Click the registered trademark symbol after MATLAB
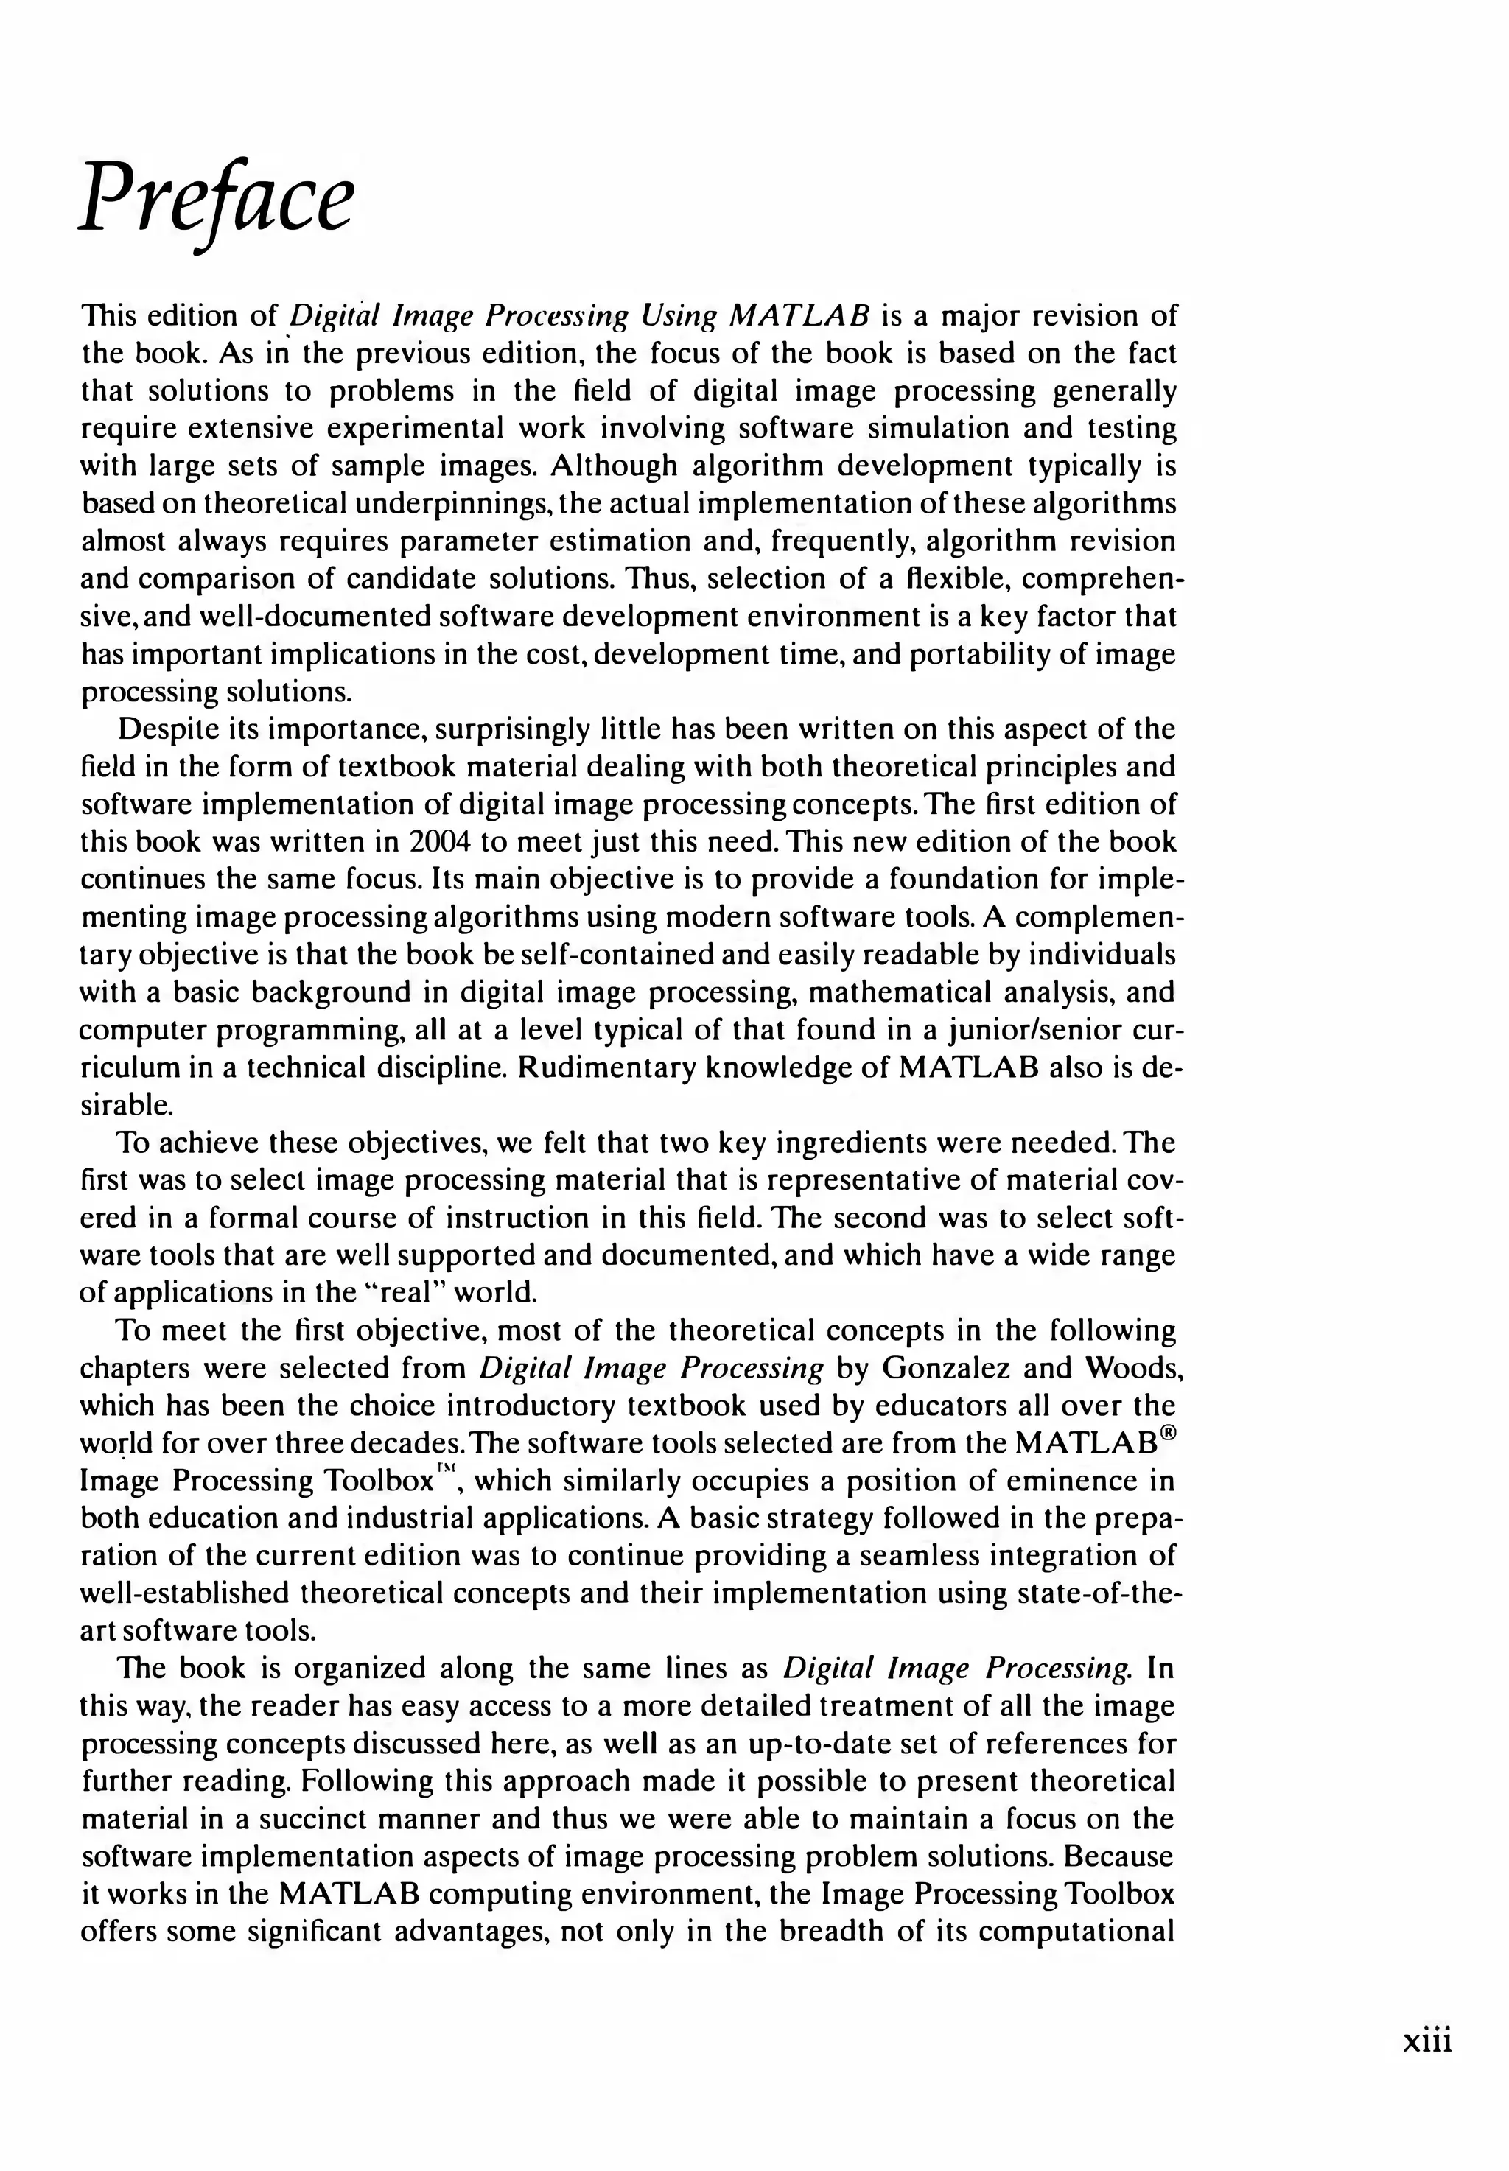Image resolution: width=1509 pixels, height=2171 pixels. [1172, 1434]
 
